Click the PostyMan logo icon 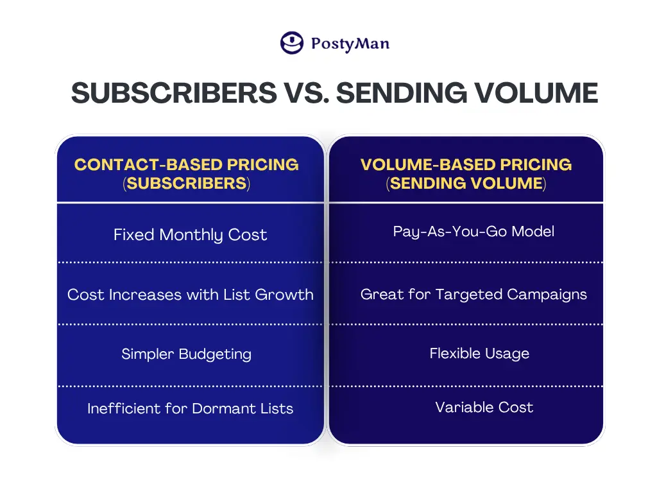tap(292, 43)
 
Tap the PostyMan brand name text tap(350, 44)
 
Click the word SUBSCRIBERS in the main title tap(174, 92)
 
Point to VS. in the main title tap(306, 92)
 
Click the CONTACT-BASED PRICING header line tap(187, 165)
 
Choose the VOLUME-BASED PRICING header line tap(466, 165)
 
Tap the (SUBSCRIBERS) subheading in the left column tap(187, 184)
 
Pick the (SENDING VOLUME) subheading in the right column tap(466, 184)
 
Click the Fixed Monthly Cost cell tap(190, 235)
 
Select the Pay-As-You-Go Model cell tap(474, 231)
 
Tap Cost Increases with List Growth tap(190, 295)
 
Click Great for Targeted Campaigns tap(474, 294)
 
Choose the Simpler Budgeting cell tap(187, 354)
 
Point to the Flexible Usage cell tap(479, 354)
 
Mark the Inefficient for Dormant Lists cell tap(190, 408)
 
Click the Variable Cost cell tap(484, 407)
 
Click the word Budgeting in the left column tap(216, 354)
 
